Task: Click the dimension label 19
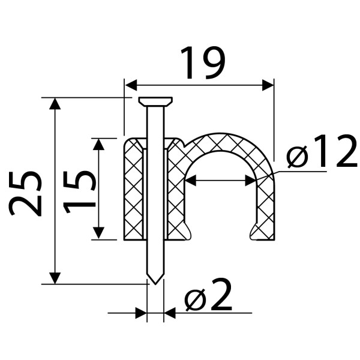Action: point(203,62)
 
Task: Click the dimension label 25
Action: point(26,193)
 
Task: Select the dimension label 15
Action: point(79,192)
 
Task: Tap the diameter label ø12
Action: point(322,151)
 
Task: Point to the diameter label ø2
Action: point(208,295)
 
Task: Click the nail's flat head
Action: point(155,101)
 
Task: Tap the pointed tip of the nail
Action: point(155,284)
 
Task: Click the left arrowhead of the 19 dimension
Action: point(131,85)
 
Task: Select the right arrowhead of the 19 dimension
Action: point(268,85)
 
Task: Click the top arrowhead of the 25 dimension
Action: point(55,104)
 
